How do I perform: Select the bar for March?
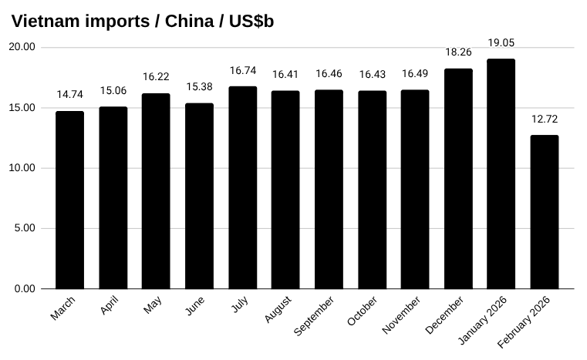point(69,200)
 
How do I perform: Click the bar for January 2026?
point(501,173)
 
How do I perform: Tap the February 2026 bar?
point(544,212)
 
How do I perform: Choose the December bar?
point(458,178)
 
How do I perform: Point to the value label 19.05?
point(501,43)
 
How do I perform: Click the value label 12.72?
point(544,119)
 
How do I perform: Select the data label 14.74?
point(69,96)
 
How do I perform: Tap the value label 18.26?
point(458,52)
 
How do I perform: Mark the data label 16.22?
point(156,77)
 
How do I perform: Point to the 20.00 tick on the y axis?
point(22,47)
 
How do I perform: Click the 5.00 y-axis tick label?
point(25,228)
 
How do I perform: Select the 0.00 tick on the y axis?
point(25,288)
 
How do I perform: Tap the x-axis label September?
point(315,316)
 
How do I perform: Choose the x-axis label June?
point(195,307)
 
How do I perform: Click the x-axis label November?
point(401,315)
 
